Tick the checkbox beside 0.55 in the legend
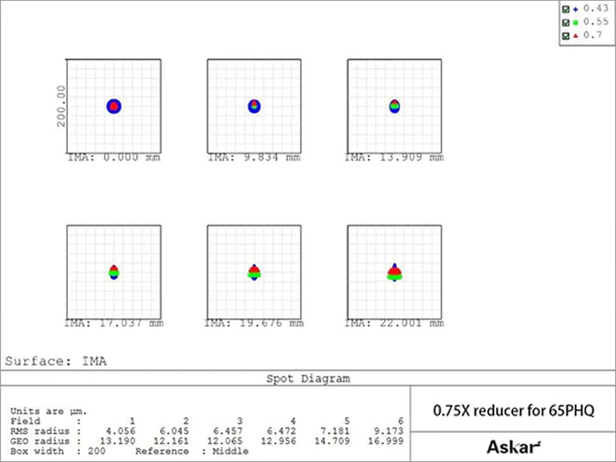(x=566, y=22)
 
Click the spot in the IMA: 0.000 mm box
(x=114, y=106)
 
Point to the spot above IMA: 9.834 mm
(x=254, y=106)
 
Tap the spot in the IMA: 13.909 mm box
(x=394, y=106)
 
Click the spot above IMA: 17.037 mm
(x=114, y=272)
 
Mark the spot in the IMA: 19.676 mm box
(x=254, y=272)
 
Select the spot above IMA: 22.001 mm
(x=394, y=272)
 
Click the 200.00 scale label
(x=62, y=106)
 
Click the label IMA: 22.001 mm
(x=394, y=323)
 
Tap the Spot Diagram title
(x=307, y=378)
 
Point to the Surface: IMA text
(x=56, y=361)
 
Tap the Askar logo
(x=513, y=446)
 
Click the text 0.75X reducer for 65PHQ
(x=513, y=411)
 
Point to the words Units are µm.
(x=49, y=411)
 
